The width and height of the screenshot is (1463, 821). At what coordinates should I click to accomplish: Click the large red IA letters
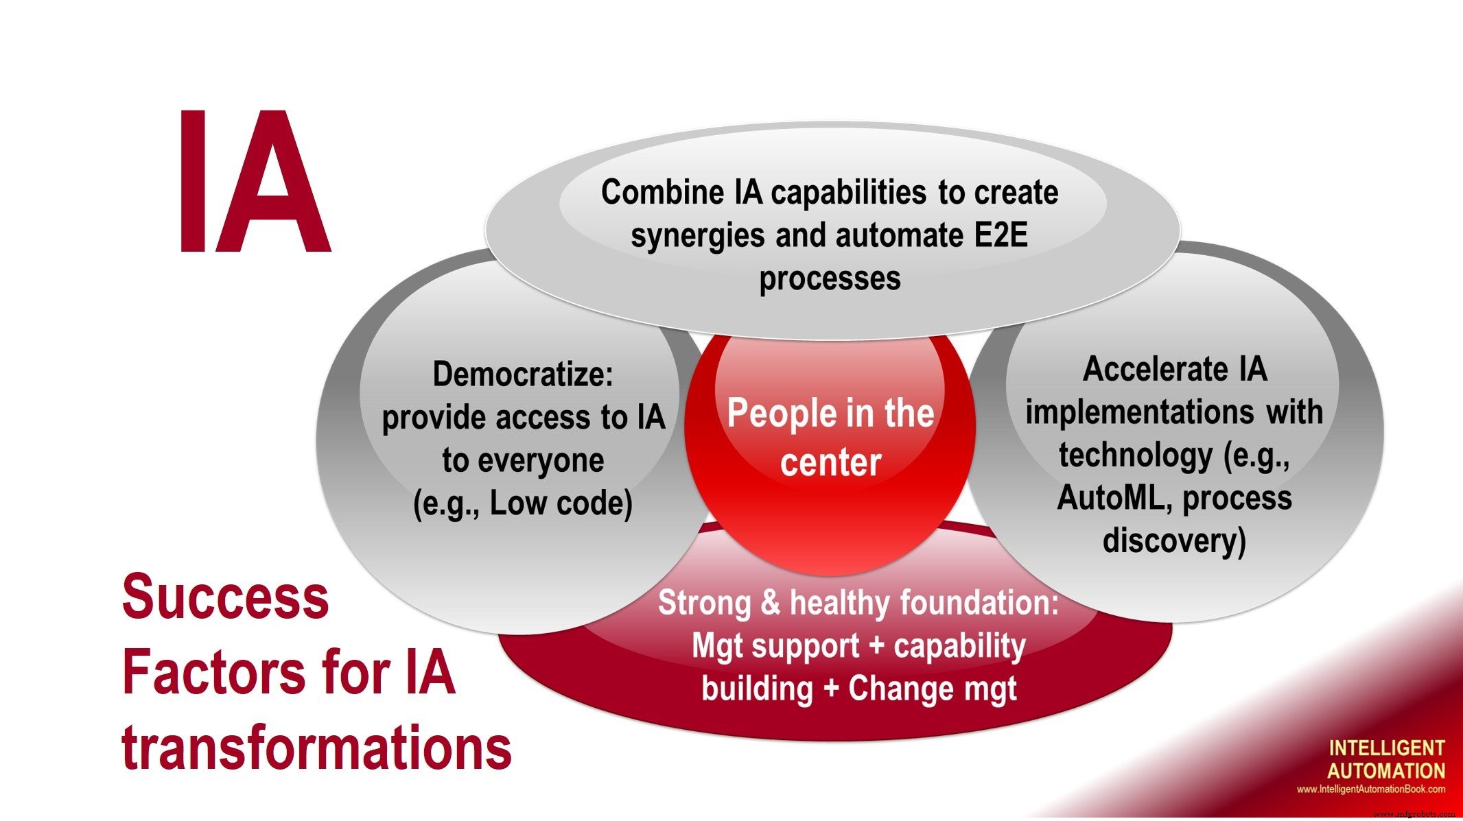click(254, 182)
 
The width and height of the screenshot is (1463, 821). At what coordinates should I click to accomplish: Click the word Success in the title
click(225, 597)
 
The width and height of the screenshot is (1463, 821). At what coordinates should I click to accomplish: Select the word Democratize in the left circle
click(522, 374)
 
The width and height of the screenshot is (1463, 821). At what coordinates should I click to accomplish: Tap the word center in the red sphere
click(830, 462)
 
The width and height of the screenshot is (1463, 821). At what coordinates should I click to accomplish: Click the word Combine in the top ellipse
click(662, 192)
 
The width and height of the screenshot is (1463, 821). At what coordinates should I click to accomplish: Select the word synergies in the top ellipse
click(699, 235)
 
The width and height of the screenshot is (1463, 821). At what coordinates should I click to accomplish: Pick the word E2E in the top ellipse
click(1000, 235)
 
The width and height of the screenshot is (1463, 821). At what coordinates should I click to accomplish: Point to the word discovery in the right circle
click(1173, 540)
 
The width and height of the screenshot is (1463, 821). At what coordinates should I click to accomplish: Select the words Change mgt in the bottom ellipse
click(932, 689)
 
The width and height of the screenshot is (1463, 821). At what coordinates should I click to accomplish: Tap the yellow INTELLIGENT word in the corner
click(1386, 748)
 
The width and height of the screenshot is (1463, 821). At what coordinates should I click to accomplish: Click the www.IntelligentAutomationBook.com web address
click(1370, 789)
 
